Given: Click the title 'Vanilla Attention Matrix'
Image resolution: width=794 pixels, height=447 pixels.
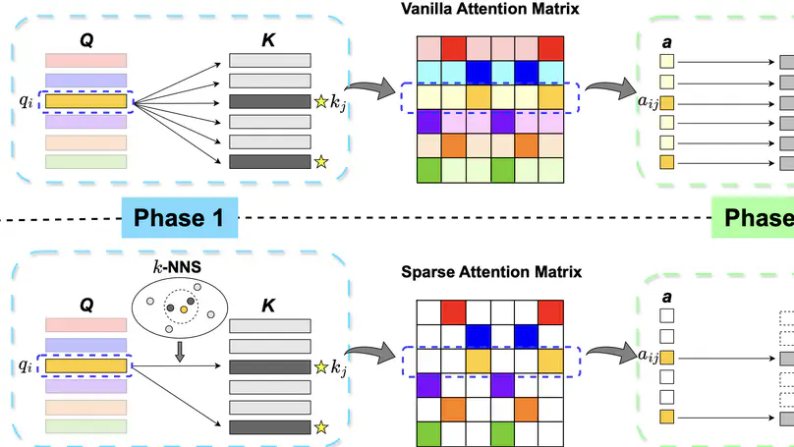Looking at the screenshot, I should pyautogui.click(x=489, y=9).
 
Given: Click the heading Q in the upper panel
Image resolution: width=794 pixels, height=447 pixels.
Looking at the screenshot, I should pyautogui.click(x=86, y=43).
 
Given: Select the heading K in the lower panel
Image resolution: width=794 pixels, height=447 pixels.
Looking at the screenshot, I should pyautogui.click(x=268, y=307).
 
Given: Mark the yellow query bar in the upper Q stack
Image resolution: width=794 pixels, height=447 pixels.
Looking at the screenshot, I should pyautogui.click(x=86, y=100).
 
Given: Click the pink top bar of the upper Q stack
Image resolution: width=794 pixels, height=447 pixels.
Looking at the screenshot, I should pyautogui.click(x=86, y=61).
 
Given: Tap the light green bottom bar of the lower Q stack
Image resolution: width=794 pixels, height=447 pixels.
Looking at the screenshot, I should pyautogui.click(x=86, y=426).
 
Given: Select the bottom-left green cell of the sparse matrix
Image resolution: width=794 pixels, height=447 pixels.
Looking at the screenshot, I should pyautogui.click(x=427, y=433).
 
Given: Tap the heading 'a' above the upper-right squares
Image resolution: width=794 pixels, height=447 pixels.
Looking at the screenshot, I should pyautogui.click(x=668, y=43).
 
